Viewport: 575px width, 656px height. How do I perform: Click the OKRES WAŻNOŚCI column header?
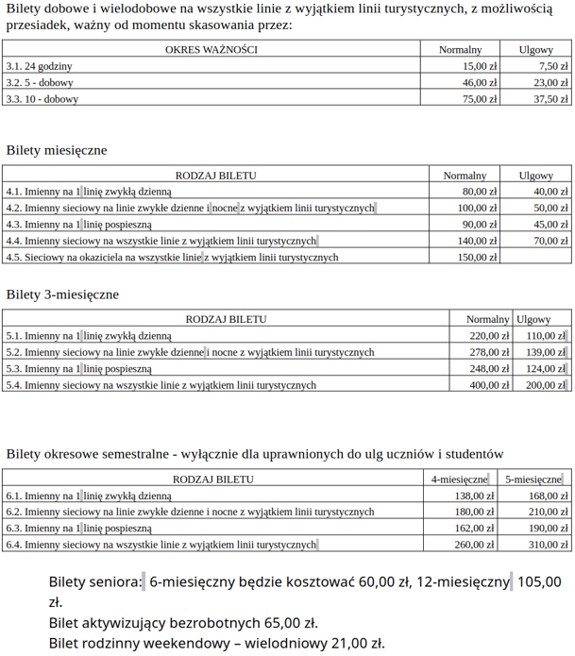(x=211, y=49)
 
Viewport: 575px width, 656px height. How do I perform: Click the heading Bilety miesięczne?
(x=57, y=150)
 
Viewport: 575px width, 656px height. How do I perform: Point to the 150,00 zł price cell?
(x=477, y=257)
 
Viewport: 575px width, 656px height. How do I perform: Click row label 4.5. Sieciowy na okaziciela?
(x=172, y=257)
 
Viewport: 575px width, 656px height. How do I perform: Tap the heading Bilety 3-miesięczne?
(x=62, y=294)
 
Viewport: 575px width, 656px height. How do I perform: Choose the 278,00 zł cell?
(x=489, y=352)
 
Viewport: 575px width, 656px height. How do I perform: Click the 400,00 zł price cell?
(x=489, y=385)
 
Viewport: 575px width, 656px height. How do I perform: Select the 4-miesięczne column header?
(x=460, y=479)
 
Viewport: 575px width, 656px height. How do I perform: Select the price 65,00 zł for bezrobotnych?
(x=286, y=623)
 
